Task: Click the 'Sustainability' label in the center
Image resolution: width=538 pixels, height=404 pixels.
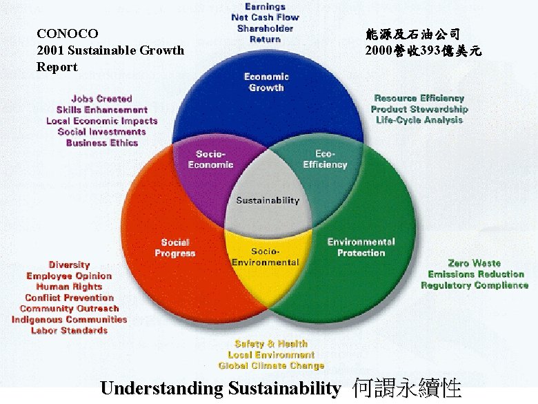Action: pyautogui.click(x=268, y=200)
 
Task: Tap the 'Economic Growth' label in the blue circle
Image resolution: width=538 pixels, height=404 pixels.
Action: pyautogui.click(x=266, y=82)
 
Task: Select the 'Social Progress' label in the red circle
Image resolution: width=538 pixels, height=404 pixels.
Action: pyautogui.click(x=175, y=247)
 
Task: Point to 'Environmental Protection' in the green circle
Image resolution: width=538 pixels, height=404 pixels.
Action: pyautogui.click(x=361, y=247)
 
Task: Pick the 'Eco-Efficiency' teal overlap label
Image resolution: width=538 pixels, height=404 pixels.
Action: pyautogui.click(x=325, y=159)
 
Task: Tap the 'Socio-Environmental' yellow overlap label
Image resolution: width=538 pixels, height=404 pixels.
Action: pyautogui.click(x=266, y=256)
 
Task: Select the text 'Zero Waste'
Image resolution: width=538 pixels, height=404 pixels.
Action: pyautogui.click(x=474, y=263)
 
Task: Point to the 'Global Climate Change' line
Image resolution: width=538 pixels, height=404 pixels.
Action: pyautogui.click(x=271, y=365)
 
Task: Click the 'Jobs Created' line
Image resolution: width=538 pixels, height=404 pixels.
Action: pyautogui.click(x=101, y=99)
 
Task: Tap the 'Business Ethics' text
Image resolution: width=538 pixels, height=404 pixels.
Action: pyautogui.click(x=102, y=143)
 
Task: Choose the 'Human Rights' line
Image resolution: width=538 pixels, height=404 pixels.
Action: pyautogui.click(x=69, y=287)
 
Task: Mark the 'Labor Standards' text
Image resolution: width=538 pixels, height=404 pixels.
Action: pyautogui.click(x=69, y=331)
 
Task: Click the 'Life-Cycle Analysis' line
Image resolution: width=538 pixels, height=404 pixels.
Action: pyautogui.click(x=419, y=120)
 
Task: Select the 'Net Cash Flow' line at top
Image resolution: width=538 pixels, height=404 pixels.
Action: pyautogui.click(x=266, y=17)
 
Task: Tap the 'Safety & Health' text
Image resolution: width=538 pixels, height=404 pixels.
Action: pyautogui.click(x=271, y=343)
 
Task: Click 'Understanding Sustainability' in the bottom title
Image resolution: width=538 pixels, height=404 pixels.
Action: pyautogui.click(x=220, y=388)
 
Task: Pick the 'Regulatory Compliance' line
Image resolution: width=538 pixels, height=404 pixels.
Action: pyautogui.click(x=475, y=285)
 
